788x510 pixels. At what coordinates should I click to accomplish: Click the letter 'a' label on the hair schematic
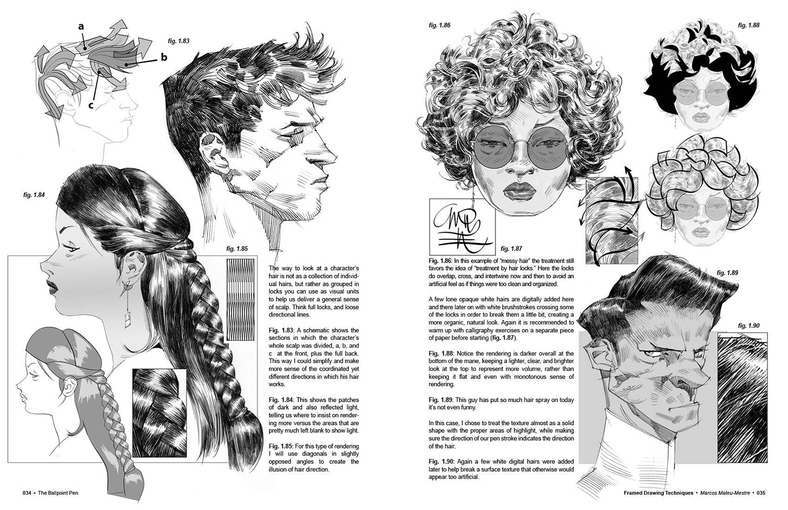coord(81,26)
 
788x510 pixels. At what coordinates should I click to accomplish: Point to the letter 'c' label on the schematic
coord(91,105)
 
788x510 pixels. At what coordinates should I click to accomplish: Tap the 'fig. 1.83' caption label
coord(179,40)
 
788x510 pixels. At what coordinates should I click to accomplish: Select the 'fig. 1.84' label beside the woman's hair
coord(34,195)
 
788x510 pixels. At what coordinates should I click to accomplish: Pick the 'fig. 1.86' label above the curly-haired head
coord(439,25)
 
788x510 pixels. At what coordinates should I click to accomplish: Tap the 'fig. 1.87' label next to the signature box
coord(512,248)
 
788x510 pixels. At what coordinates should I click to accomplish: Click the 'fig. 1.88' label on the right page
coord(749,25)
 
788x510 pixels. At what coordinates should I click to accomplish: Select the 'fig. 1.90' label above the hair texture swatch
coord(749,326)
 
